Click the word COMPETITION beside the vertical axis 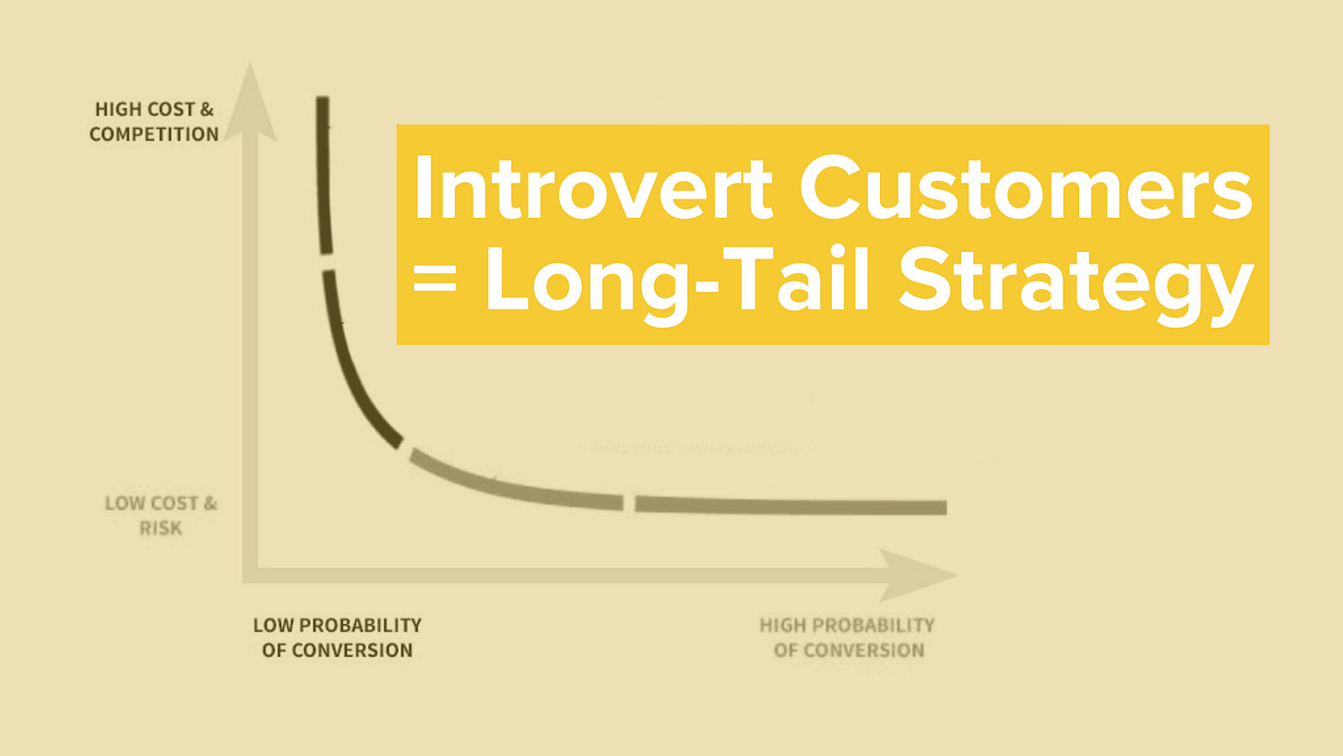tap(154, 135)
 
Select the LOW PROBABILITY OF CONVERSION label tap(337, 638)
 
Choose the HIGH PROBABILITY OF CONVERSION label tap(847, 638)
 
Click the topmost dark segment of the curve tap(323, 175)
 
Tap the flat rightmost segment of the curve tap(790, 506)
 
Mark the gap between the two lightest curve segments tap(629, 503)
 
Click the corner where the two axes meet tap(250, 575)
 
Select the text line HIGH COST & tap(154, 110)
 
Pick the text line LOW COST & tap(160, 504)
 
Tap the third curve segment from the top tap(512, 486)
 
